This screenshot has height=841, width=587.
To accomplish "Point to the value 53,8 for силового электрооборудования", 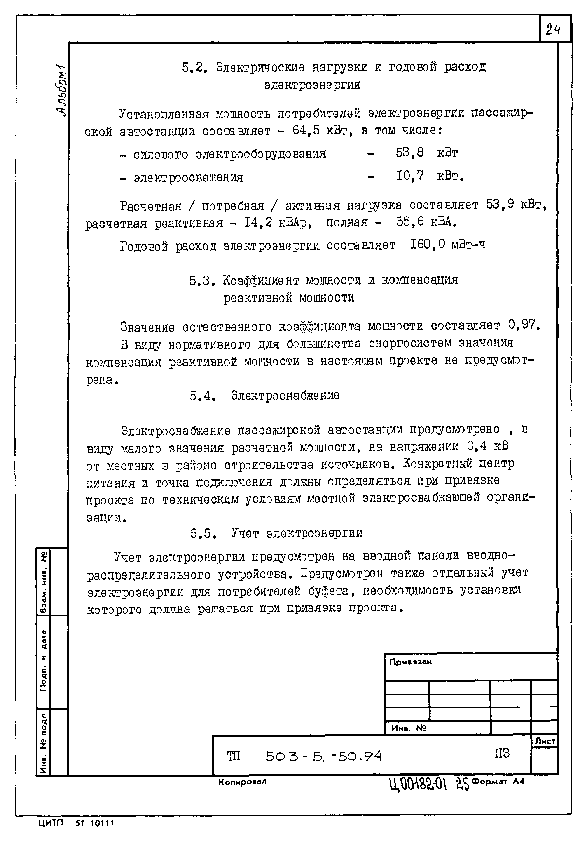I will click(409, 153).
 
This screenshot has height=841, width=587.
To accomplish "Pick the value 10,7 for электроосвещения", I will click(409, 177).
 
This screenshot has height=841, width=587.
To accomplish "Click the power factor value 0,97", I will click(523, 325).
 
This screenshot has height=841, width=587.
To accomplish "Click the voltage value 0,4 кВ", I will click(487, 446).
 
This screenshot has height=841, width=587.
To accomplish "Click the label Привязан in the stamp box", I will click(410, 662).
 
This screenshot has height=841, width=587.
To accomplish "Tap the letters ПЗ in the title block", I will click(502, 754).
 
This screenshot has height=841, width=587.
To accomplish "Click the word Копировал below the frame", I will click(242, 782).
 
